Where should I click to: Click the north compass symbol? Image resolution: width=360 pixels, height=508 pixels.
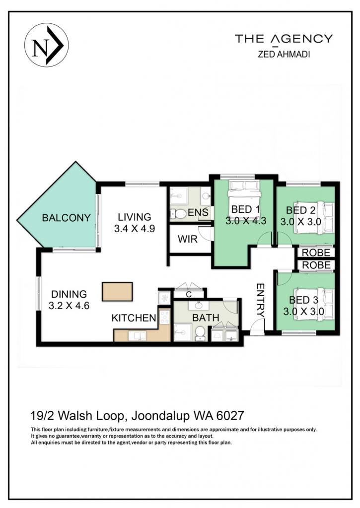tap(46, 45)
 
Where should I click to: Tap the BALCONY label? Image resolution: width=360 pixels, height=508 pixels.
tap(66, 218)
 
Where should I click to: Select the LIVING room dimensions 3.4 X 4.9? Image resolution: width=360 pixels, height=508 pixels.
tap(134, 229)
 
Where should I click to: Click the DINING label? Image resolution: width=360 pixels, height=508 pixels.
tap(69, 294)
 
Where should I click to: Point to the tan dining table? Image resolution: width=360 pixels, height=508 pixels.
tap(117, 292)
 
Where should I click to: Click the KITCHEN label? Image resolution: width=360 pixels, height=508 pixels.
tap(134, 318)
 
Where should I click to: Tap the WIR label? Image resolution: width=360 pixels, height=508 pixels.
tap(188, 240)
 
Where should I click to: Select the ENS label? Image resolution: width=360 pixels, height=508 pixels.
tap(198, 212)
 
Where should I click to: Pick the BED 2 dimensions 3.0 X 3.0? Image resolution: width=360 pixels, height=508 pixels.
tap(300, 222)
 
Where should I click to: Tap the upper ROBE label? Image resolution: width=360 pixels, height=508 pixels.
tap(316, 253)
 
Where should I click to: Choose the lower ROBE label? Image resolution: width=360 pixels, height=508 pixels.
tap(316, 265)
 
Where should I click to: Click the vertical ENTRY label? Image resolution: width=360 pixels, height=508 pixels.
tap(260, 300)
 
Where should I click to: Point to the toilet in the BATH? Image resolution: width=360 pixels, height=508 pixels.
tap(200, 333)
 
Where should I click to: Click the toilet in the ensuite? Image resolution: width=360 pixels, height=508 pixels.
tap(178, 213)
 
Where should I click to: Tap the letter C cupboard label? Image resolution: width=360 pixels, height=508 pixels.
tap(189, 295)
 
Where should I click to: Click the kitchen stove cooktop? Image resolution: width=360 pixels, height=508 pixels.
tap(164, 317)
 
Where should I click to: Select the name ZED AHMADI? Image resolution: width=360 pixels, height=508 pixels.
tap(284, 55)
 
